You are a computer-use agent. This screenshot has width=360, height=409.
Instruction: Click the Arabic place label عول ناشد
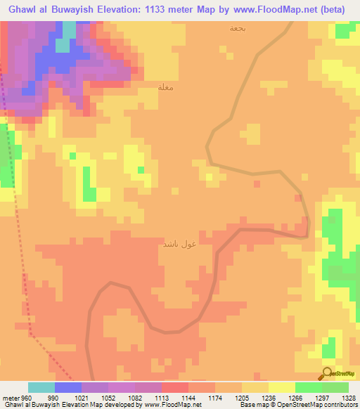(x=179, y=244)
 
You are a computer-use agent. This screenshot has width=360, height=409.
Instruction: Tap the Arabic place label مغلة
(x=166, y=87)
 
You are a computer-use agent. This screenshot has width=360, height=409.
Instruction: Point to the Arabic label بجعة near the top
(x=238, y=29)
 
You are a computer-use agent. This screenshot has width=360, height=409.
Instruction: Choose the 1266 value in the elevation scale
(x=295, y=398)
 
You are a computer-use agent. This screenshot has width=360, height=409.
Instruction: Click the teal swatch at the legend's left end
(x=41, y=387)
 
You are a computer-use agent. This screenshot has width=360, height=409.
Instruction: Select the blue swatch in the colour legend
(x=68, y=387)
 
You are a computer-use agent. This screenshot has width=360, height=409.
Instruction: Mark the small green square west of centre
(x=141, y=169)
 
